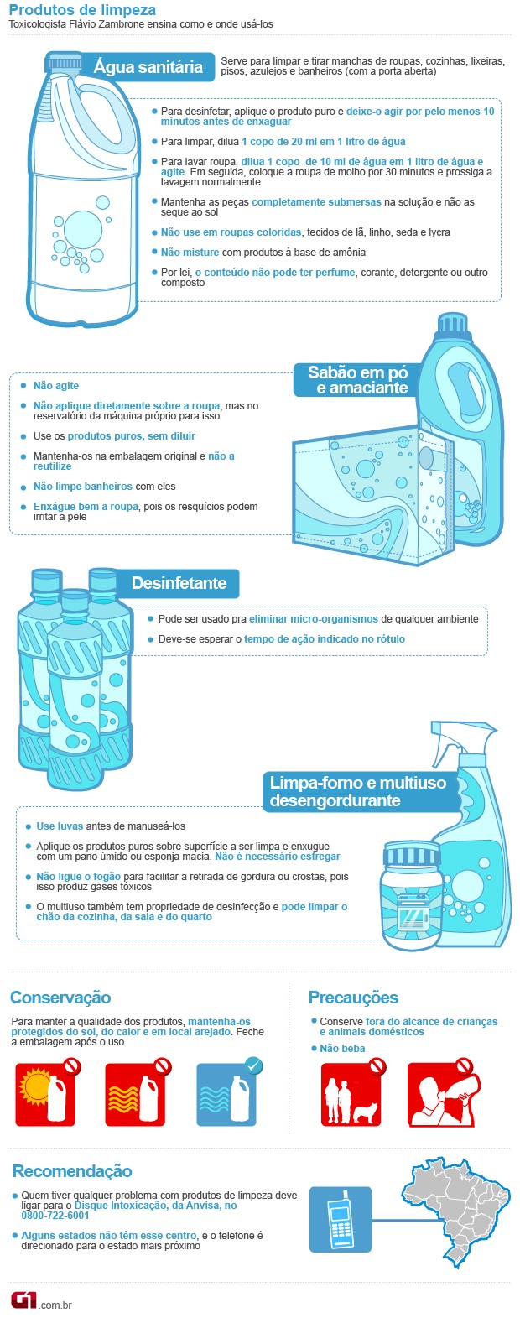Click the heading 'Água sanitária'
[x=148, y=68]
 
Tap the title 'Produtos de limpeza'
[x=82, y=11]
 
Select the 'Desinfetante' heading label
[x=179, y=583]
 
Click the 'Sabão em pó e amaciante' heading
[x=357, y=380]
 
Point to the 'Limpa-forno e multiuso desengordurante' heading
[x=358, y=791]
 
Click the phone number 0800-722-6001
[x=55, y=1215]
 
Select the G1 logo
[x=23, y=1300]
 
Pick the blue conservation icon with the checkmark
[x=226, y=1094]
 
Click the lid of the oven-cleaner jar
[x=411, y=855]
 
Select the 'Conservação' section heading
[x=60, y=998]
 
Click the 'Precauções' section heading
[x=353, y=998]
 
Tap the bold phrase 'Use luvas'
[x=57, y=826]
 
